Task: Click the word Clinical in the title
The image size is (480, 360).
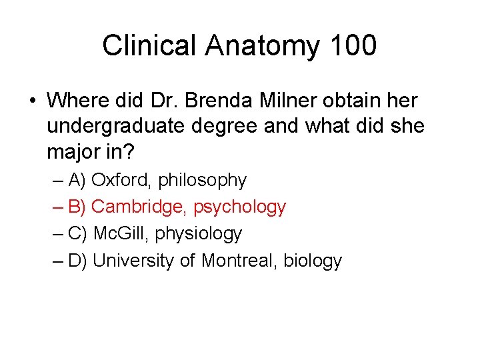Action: click(149, 46)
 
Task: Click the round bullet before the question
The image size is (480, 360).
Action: click(33, 101)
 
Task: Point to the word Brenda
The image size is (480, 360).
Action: click(215, 101)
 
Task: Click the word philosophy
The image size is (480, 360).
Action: click(202, 181)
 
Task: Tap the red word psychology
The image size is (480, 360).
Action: click(240, 207)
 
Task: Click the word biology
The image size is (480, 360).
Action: click(313, 261)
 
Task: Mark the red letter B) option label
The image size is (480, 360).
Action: click(77, 207)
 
